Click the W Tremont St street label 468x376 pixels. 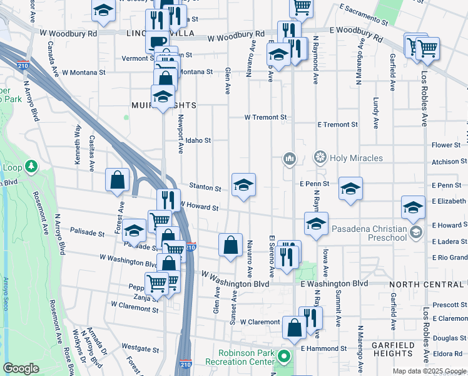265,117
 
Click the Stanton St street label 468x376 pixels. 206,188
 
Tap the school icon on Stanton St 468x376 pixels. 243,184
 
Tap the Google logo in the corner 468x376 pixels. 21,368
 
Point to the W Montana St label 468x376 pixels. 84,73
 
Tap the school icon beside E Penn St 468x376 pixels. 350,188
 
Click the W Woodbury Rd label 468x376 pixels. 68,33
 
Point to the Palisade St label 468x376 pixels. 87,233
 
